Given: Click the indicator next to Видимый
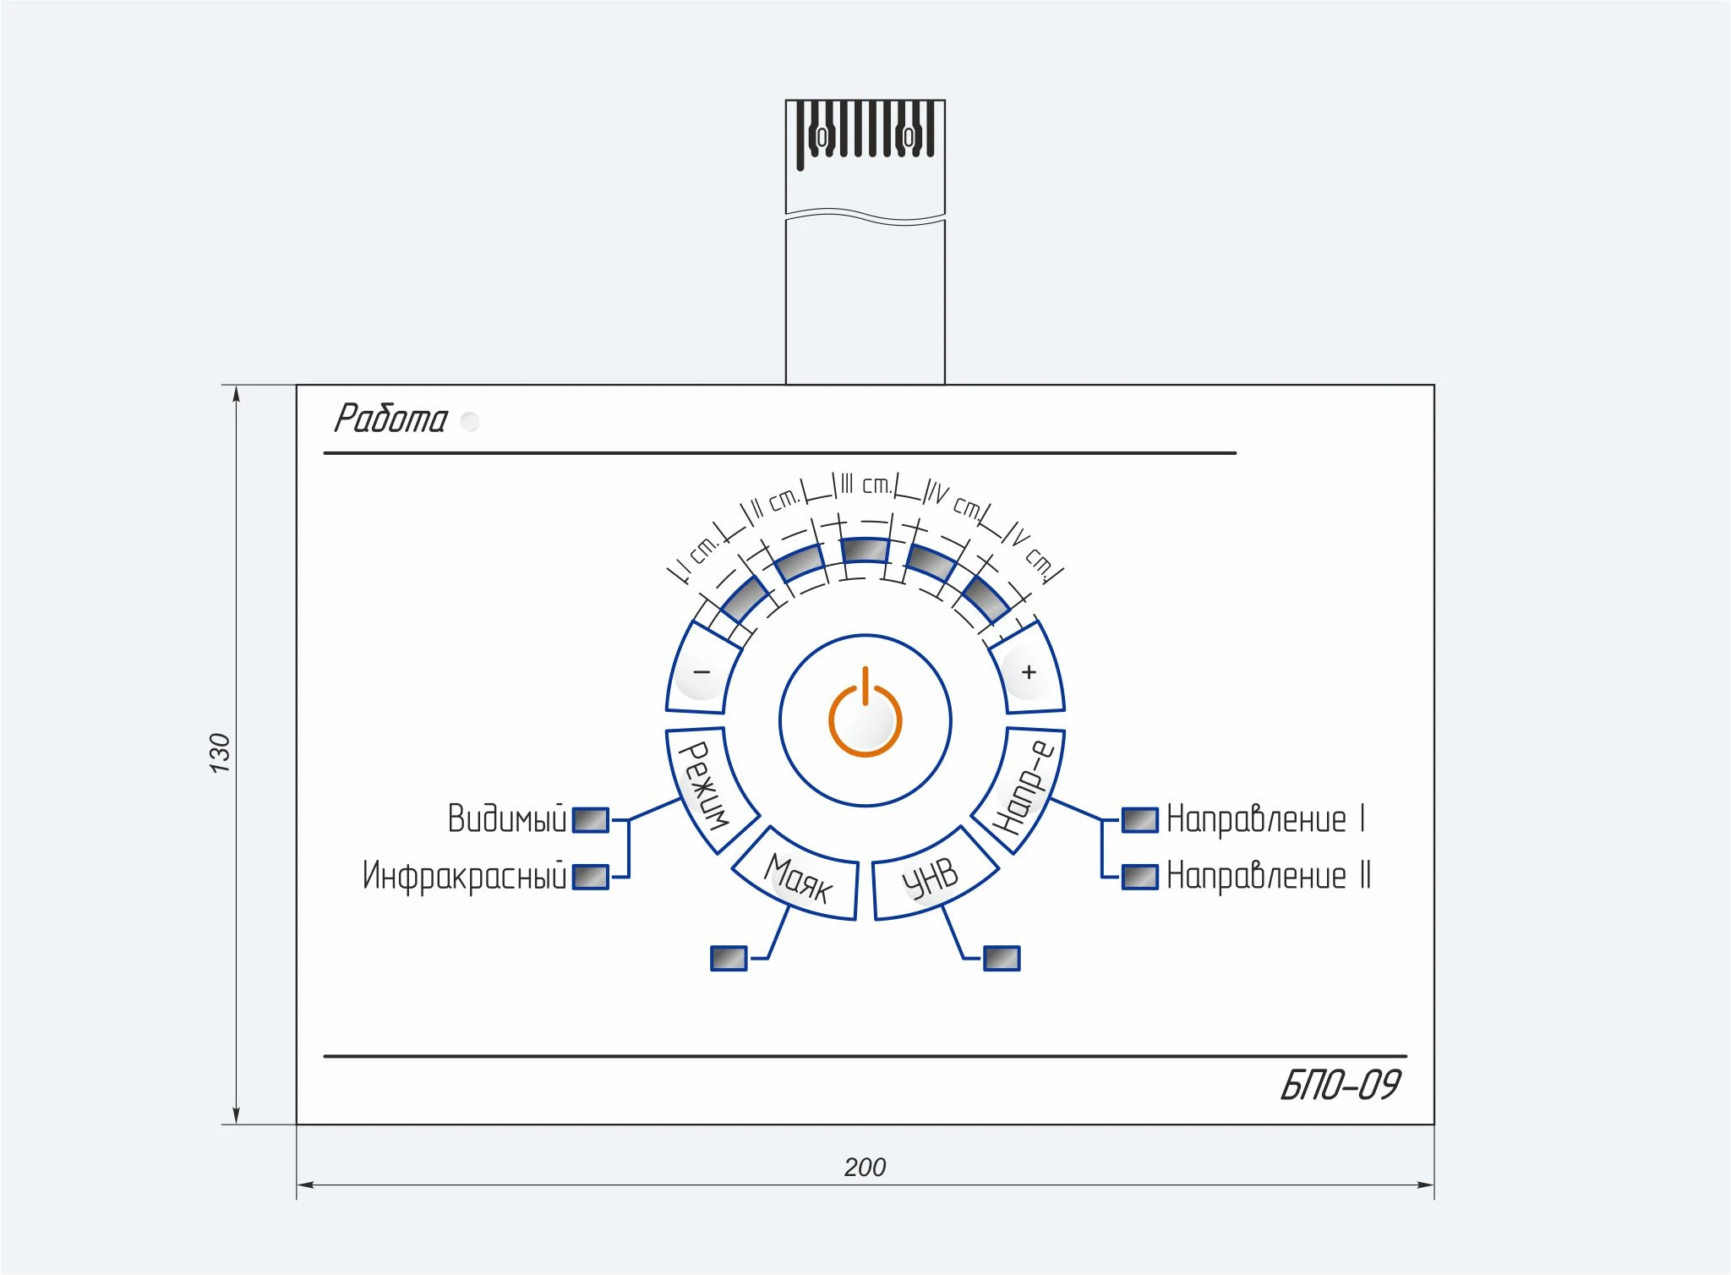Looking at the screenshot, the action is coord(590,819).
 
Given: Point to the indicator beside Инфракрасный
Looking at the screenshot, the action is coord(590,877).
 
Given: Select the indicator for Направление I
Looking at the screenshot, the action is coord(1139,819).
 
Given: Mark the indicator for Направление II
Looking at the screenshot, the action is coord(1139,877).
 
